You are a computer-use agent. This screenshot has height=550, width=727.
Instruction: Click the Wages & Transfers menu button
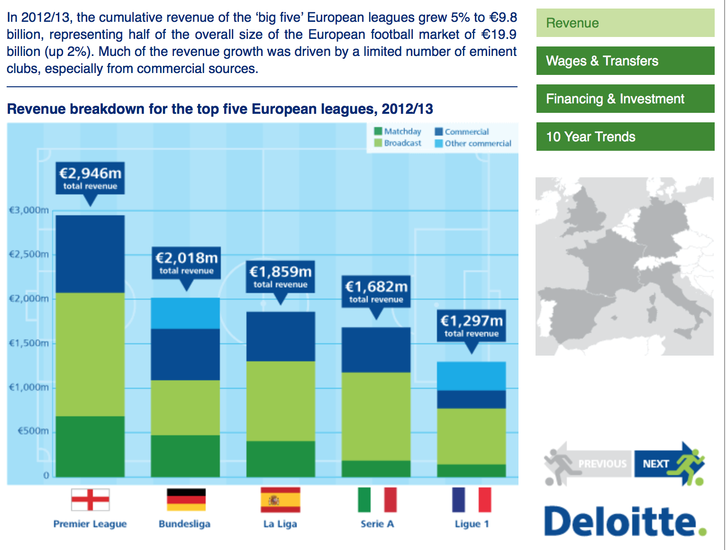(625, 61)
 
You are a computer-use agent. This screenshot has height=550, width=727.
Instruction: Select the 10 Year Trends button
(625, 137)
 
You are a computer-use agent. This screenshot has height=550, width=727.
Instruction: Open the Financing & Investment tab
(625, 99)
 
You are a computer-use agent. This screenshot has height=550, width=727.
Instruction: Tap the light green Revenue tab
(625, 23)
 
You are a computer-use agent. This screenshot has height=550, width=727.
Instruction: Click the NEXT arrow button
(668, 463)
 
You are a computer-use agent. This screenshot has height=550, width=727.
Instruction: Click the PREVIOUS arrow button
(588, 463)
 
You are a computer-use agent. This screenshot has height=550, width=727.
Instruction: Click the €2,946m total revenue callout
(90, 178)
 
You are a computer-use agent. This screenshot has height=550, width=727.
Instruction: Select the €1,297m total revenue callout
(472, 326)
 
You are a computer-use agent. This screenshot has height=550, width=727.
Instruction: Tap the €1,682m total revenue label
(376, 292)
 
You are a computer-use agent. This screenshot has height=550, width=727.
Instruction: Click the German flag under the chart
(186, 500)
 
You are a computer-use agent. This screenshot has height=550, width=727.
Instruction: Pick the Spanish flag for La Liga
(280, 500)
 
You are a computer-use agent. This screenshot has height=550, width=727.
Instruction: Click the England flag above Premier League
(90, 500)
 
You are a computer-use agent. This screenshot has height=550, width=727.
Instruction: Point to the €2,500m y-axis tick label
(29, 254)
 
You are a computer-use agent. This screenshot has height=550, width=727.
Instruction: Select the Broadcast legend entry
(398, 143)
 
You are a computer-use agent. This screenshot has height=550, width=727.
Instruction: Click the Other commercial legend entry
(473, 143)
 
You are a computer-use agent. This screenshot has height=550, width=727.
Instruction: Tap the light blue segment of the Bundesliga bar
(185, 313)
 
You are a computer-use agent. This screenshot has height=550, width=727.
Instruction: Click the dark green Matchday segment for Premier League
(90, 446)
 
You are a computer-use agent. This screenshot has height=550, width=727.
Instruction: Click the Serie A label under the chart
(377, 524)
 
